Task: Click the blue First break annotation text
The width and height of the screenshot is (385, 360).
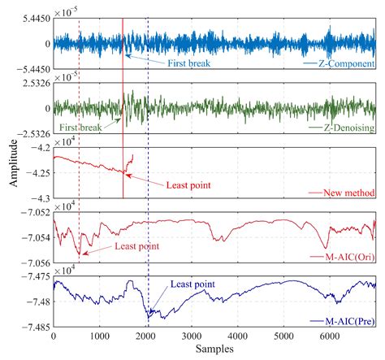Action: [x=189, y=63]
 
